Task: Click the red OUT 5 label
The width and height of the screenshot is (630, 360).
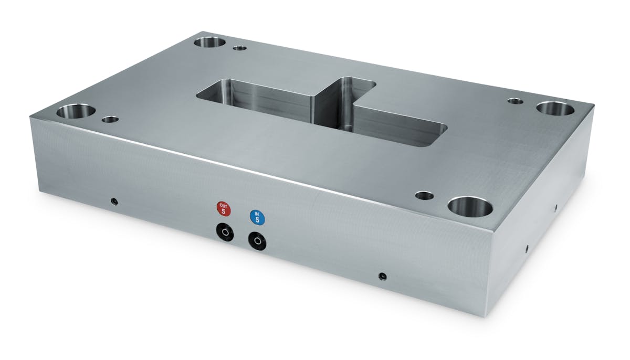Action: click(224, 208)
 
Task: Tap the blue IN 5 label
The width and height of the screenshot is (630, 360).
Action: click(257, 216)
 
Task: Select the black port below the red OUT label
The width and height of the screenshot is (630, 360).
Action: click(224, 231)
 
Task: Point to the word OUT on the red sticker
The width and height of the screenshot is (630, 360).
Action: click(224, 205)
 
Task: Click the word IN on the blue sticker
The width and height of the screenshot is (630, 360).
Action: click(257, 213)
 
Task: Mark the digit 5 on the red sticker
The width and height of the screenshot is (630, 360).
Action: click(224, 211)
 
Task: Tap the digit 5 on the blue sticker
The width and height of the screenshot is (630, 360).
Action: click(257, 219)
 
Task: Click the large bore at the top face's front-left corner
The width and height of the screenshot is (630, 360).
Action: click(76, 111)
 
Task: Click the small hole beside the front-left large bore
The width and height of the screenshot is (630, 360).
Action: click(110, 120)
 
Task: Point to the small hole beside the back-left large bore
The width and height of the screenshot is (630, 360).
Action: click(239, 48)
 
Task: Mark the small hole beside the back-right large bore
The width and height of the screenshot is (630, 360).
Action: click(515, 100)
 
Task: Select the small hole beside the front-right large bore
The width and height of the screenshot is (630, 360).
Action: click(424, 196)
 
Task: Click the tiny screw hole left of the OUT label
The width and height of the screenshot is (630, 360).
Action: click(114, 202)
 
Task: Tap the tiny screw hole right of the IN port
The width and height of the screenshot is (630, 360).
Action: click(383, 276)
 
